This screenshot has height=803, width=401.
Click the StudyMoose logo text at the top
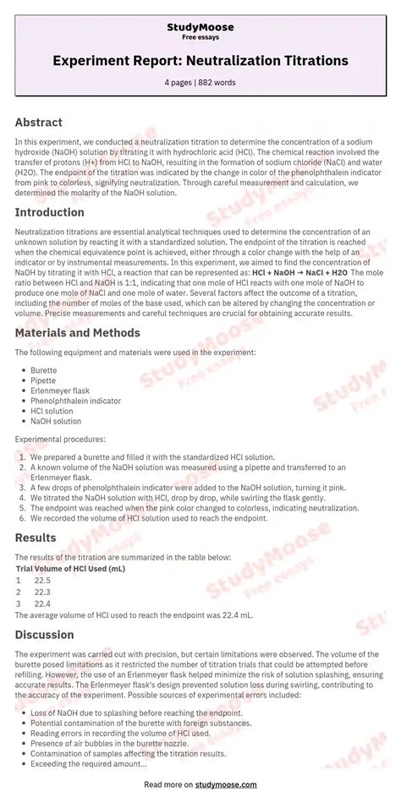click(x=200, y=27)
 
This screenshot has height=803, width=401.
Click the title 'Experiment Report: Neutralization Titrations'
click(x=200, y=62)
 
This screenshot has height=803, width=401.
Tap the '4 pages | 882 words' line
click(x=200, y=82)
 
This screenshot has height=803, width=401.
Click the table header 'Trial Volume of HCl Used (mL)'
click(x=70, y=569)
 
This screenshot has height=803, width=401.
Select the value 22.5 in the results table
click(x=42, y=580)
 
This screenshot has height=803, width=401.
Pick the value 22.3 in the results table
click(x=42, y=592)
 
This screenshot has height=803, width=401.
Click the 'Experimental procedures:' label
click(x=58, y=440)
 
